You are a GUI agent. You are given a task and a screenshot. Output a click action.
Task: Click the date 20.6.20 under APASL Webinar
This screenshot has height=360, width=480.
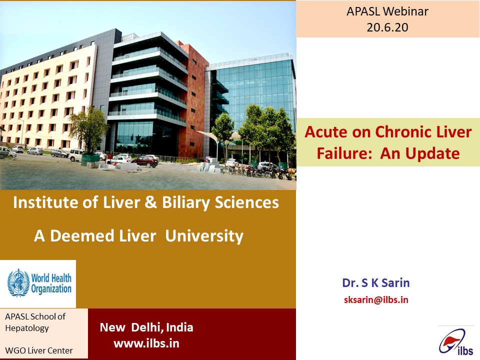387,27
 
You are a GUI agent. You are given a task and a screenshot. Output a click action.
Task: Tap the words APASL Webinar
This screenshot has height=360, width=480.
387,11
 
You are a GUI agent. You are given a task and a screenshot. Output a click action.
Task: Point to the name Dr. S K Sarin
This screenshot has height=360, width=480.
376,283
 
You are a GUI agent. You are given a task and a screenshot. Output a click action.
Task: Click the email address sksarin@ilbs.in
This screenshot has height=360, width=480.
376,299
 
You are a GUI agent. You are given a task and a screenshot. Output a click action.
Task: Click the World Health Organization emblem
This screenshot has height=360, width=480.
18,283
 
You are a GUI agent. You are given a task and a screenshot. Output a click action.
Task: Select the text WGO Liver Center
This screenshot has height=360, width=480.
39,350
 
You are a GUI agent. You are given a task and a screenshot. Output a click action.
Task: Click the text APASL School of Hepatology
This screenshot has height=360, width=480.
35,322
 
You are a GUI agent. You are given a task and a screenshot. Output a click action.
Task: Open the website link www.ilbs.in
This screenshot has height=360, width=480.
146,343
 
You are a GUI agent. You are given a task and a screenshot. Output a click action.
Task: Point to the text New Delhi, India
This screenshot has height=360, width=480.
146,327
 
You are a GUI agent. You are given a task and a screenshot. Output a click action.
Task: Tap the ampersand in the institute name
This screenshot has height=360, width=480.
150,202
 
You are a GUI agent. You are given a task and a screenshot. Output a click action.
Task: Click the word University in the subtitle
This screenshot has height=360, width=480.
204,236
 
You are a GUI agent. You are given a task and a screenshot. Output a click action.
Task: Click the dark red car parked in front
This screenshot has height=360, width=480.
145,161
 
